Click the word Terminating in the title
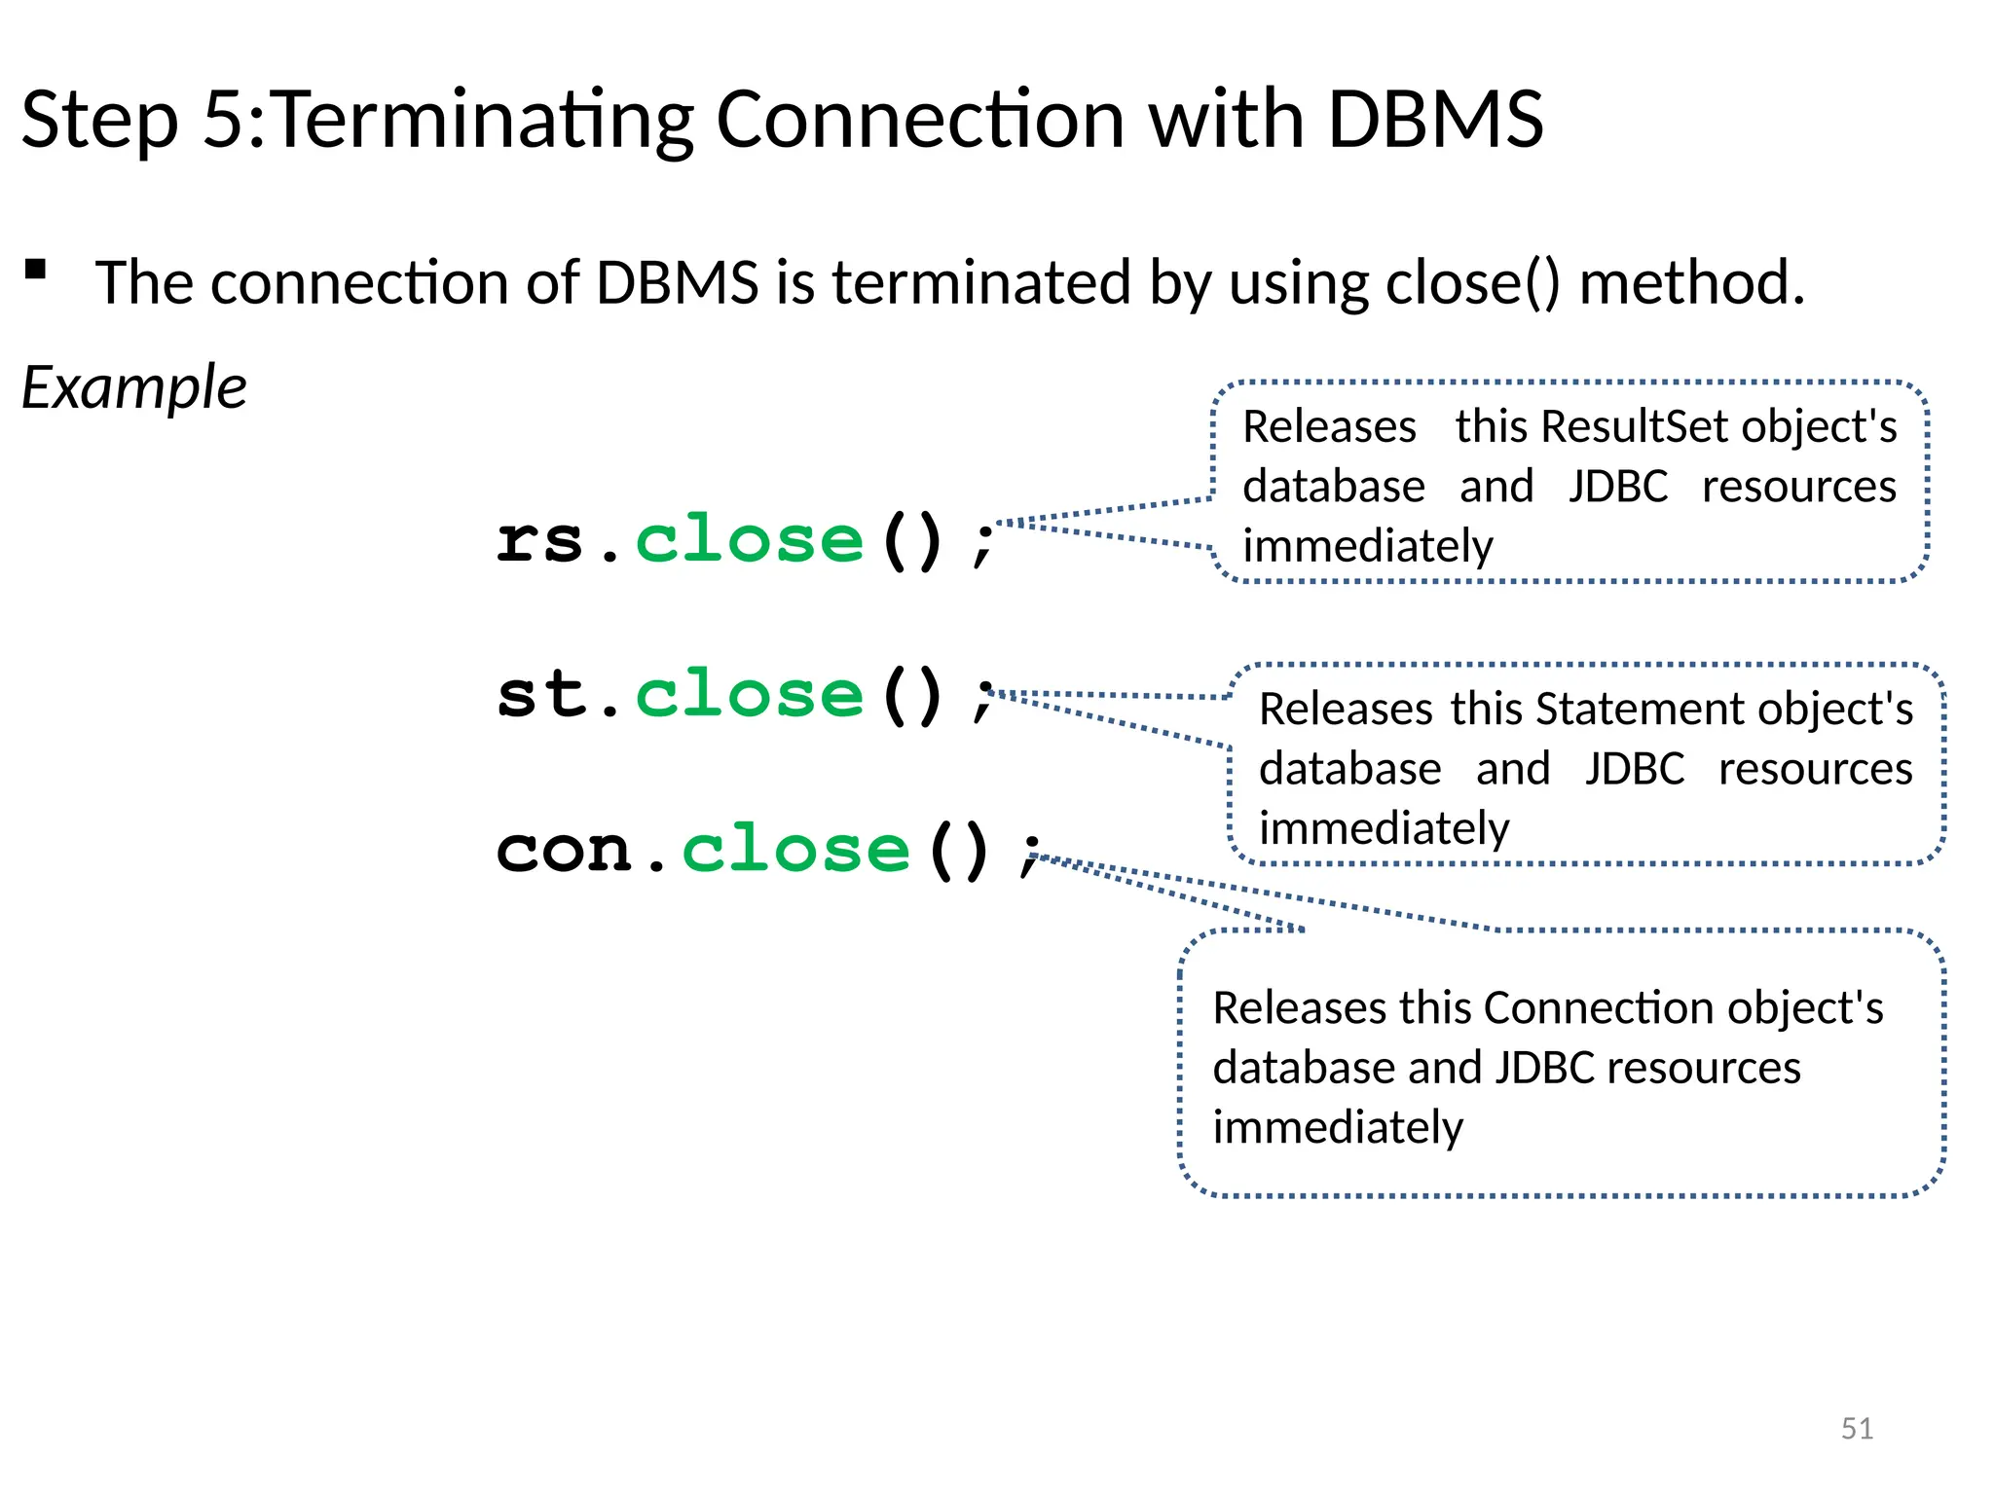point(484,120)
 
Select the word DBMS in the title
point(1435,120)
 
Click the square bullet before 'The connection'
point(36,270)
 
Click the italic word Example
point(134,387)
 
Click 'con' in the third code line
point(565,849)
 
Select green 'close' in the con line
point(795,849)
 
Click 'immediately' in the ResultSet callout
point(1367,546)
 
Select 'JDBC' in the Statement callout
point(1634,769)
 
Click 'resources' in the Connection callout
point(1703,1068)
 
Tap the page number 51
point(1857,1428)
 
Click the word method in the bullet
point(1691,283)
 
